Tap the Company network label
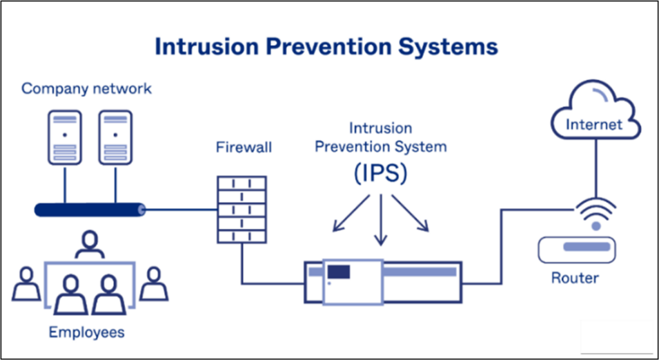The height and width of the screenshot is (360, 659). click(x=86, y=88)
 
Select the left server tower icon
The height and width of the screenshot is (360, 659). click(x=64, y=137)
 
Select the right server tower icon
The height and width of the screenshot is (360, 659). click(x=116, y=137)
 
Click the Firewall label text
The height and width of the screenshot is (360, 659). click(x=244, y=147)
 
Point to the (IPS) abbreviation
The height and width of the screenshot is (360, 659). click(x=380, y=175)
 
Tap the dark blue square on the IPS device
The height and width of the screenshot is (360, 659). click(x=339, y=272)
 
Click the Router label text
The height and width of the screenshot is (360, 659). click(x=575, y=279)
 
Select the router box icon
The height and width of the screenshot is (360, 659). click(x=577, y=248)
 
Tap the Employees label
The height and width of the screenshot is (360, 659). click(x=86, y=333)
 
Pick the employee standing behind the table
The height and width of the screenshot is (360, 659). click(x=89, y=245)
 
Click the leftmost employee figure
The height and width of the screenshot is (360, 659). click(x=26, y=283)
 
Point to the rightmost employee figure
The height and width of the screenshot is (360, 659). click(x=153, y=283)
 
